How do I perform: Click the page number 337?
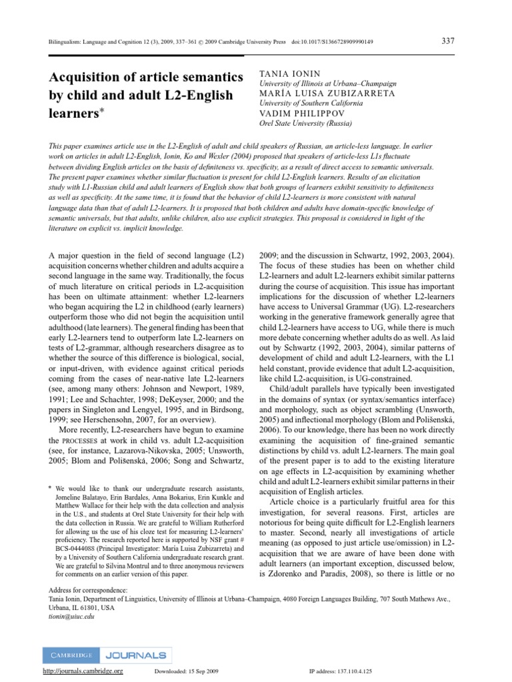pos(449,41)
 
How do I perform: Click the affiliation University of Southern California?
pos(310,103)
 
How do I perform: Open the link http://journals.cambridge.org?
pos(83,672)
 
